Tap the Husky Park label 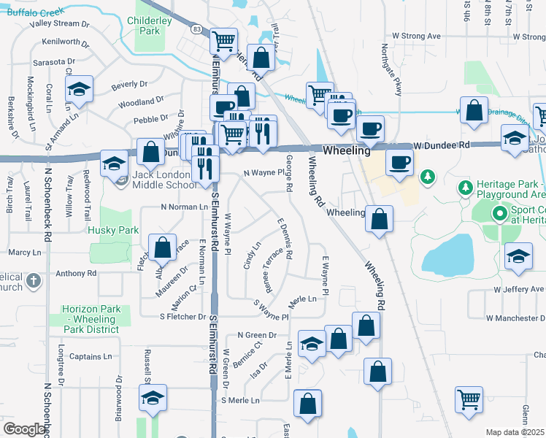pyautogui.click(x=113, y=230)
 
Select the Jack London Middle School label pyautogui.click(x=166, y=180)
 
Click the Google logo pyautogui.click(x=24, y=429)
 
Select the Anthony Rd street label pyautogui.click(x=76, y=274)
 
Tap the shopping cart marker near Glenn pyautogui.click(x=469, y=399)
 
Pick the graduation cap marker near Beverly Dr pyautogui.click(x=78, y=90)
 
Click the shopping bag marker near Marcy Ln pyautogui.click(x=163, y=247)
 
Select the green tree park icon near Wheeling pyautogui.click(x=428, y=176)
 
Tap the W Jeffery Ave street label pyautogui.click(x=519, y=290)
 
